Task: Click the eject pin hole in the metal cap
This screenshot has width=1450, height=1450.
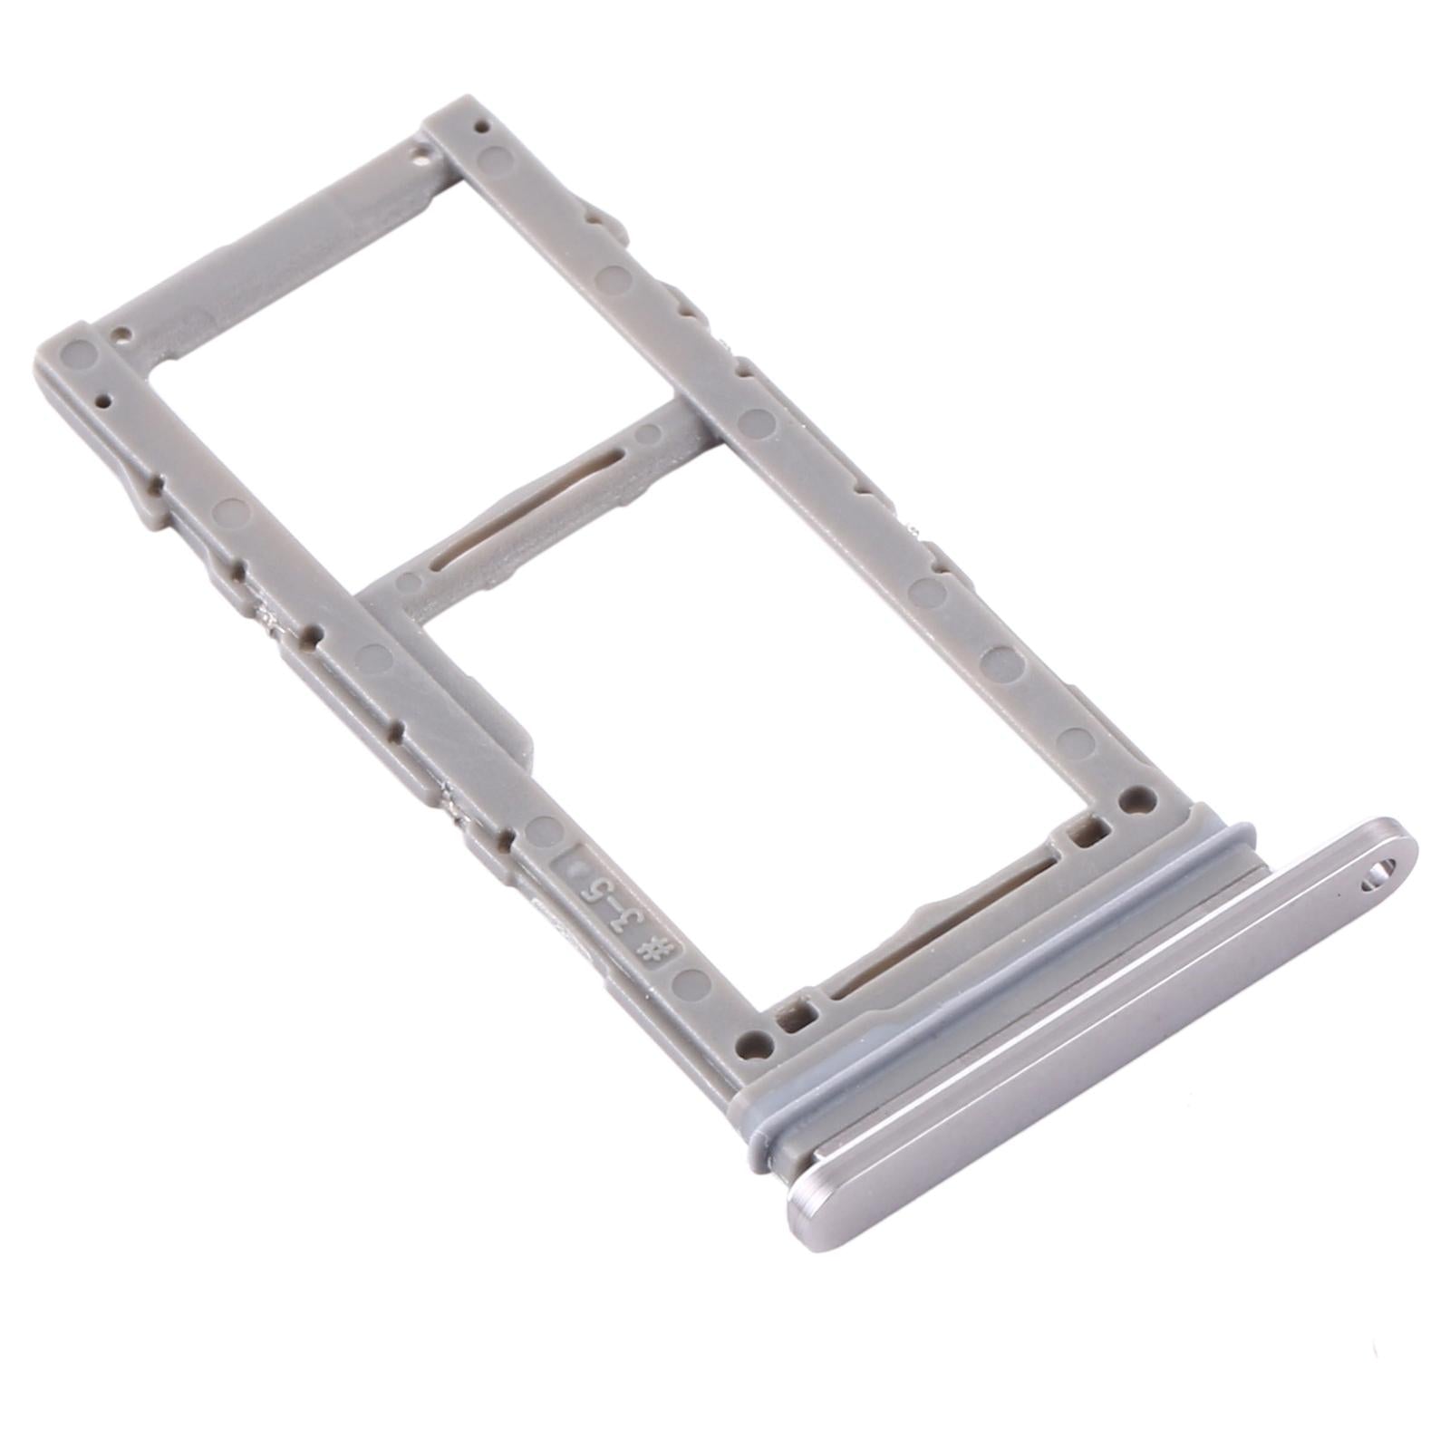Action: coord(1379,874)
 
